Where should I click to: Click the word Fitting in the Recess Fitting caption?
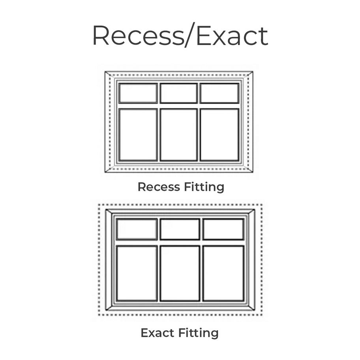[204, 187]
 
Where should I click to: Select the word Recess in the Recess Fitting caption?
[159, 187]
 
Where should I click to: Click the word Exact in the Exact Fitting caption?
[157, 333]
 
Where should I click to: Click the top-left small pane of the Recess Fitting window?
[138, 93]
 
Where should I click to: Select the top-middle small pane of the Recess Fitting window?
[178, 93]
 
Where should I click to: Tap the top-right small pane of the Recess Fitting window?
[219, 93]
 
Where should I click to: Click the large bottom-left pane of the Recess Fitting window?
[138, 135]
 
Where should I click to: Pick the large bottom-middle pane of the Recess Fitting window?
[178, 135]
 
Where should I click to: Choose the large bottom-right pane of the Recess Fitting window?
[219, 135]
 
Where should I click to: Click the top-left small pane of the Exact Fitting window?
[137, 229]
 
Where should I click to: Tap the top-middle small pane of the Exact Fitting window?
[180, 229]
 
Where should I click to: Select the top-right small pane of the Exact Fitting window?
[223, 229]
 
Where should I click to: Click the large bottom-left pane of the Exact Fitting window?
[137, 273]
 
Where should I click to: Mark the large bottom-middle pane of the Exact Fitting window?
[180, 273]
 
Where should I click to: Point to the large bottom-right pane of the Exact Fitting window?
[223, 273]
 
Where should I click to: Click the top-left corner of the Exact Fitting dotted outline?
[99, 205]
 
